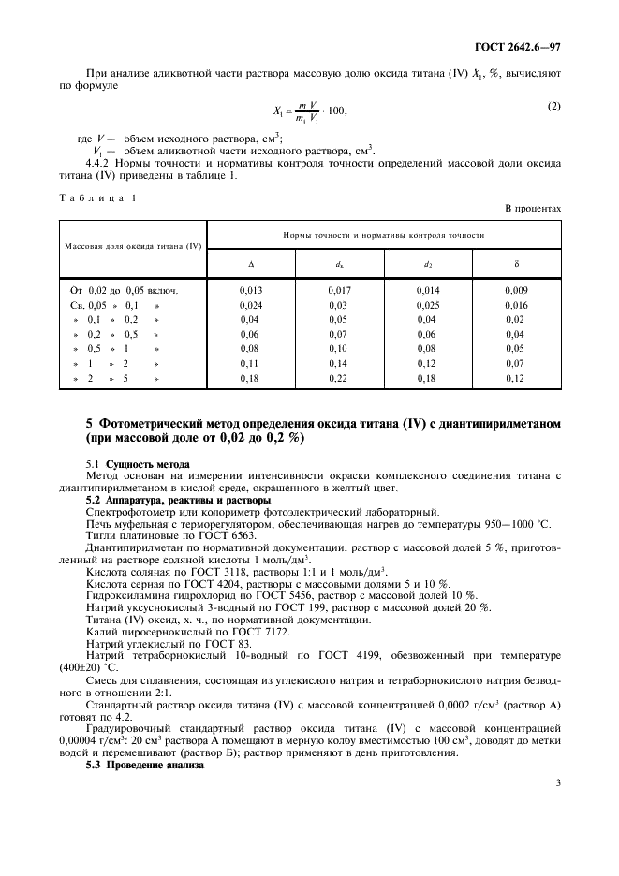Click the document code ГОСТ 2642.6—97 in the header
pos(519,45)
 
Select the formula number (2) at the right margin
pos(553,106)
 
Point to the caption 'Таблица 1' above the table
pos(97,197)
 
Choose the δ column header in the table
pos(516,264)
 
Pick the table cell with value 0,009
pos(516,290)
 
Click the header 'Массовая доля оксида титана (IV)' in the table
pos(133,246)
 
